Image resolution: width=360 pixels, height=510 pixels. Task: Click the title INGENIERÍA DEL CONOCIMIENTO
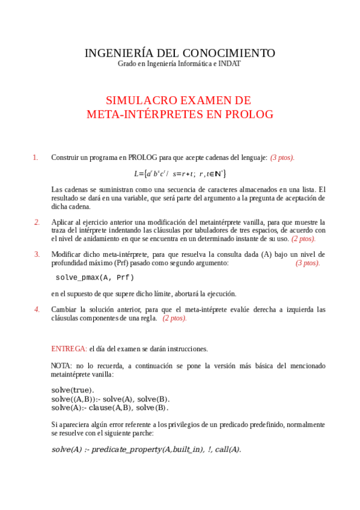(x=180, y=53)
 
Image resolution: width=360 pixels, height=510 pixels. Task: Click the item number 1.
(x=35, y=158)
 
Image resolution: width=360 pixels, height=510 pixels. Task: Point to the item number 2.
(x=37, y=222)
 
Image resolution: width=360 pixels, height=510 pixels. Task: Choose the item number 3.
(x=37, y=254)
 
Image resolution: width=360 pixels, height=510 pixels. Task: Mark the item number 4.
(x=37, y=310)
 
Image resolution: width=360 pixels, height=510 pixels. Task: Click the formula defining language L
(x=180, y=174)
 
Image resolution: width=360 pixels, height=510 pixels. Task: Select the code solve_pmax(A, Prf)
(x=95, y=278)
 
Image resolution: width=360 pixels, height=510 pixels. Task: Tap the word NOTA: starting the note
(x=62, y=366)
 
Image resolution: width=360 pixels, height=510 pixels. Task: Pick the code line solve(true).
(x=73, y=390)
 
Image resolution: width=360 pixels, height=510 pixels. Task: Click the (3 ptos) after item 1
(x=282, y=158)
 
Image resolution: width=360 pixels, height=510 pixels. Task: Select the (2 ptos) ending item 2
(x=304, y=239)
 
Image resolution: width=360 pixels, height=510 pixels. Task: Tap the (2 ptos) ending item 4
(x=174, y=318)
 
